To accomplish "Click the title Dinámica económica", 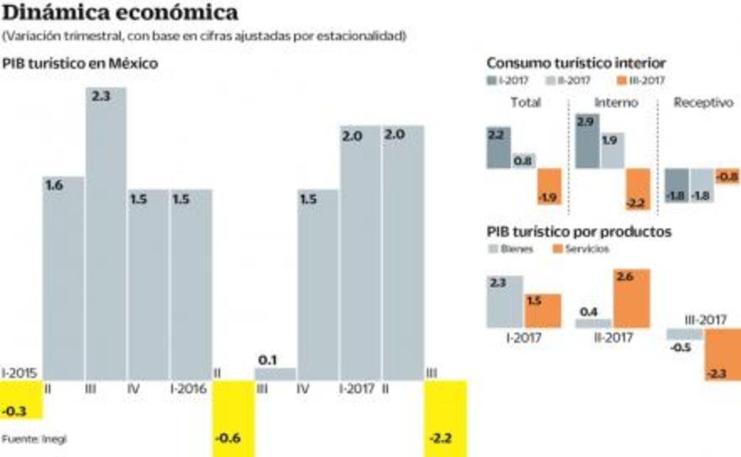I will [x=121, y=13].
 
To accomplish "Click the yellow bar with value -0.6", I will [x=233, y=418].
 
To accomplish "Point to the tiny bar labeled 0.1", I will [x=275, y=374].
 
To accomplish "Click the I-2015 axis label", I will [x=19, y=373].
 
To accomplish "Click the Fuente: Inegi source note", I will [x=34, y=439].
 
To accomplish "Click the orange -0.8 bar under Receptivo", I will [x=727, y=175].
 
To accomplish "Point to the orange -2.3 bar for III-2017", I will [x=723, y=355].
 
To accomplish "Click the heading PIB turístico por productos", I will [x=579, y=231].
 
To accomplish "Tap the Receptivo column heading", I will [x=703, y=103].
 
